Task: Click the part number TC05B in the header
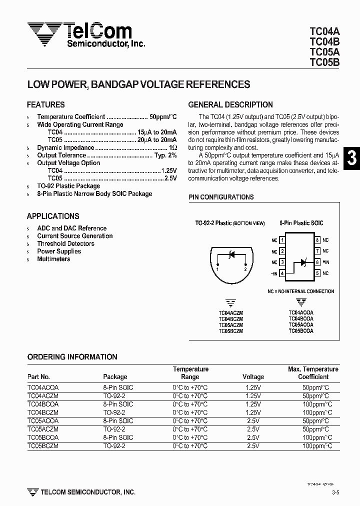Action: tap(324, 62)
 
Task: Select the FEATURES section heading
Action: tap(45, 105)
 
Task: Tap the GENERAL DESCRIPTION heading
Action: tap(230, 105)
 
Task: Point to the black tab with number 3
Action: tap(351, 158)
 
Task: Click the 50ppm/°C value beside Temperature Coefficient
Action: tap(163, 117)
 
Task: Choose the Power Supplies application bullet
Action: tap(59, 251)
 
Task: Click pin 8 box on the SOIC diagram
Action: tap(317, 240)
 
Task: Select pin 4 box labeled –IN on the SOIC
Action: tap(282, 273)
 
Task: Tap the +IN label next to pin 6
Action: tap(325, 262)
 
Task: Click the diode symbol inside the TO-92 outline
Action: tap(231, 255)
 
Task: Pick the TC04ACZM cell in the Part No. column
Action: tap(43, 395)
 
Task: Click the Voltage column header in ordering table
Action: tap(253, 377)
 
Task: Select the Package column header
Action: tap(115, 377)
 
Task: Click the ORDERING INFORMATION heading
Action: tap(72, 357)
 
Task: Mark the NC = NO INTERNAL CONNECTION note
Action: tap(300, 291)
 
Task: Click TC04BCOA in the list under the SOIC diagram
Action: tap(300, 318)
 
